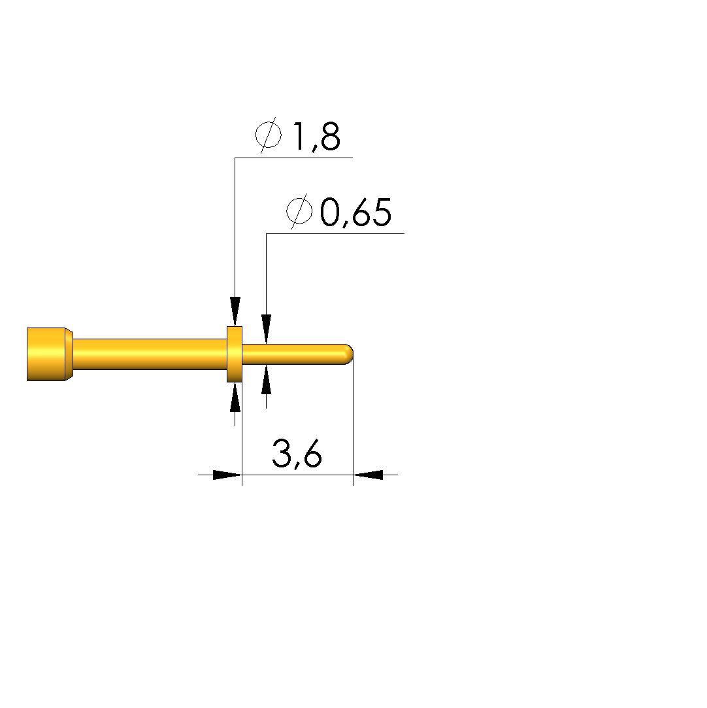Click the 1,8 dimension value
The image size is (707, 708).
(317, 137)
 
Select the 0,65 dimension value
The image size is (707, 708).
(355, 212)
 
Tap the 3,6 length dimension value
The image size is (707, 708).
(297, 454)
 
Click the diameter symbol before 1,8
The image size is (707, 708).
(269, 135)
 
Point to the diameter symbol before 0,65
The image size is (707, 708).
(299, 211)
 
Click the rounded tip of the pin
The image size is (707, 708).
(348, 354)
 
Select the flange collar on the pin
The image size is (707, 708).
(235, 354)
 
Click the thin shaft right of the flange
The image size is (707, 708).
(295, 354)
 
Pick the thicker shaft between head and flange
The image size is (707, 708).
(150, 354)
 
